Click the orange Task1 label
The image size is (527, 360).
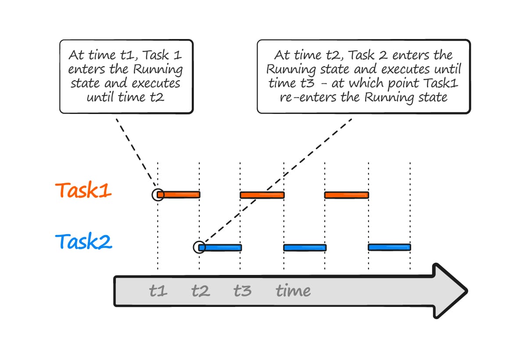[83, 190]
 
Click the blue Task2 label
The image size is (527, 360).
[83, 242]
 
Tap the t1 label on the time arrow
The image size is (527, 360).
[158, 291]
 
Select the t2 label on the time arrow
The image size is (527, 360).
[200, 291]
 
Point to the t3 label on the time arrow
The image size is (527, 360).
[242, 291]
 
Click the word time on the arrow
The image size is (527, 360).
[293, 291]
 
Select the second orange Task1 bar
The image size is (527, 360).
[262, 195]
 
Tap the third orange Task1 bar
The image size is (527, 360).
[347, 195]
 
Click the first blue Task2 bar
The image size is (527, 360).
[221, 247]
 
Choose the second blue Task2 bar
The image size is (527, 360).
[305, 248]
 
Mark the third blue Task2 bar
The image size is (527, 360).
[389, 247]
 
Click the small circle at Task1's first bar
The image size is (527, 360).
[158, 195]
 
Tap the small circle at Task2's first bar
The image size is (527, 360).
[199, 247]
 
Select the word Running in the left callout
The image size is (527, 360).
[158, 70]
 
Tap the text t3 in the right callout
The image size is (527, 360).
[302, 84]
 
